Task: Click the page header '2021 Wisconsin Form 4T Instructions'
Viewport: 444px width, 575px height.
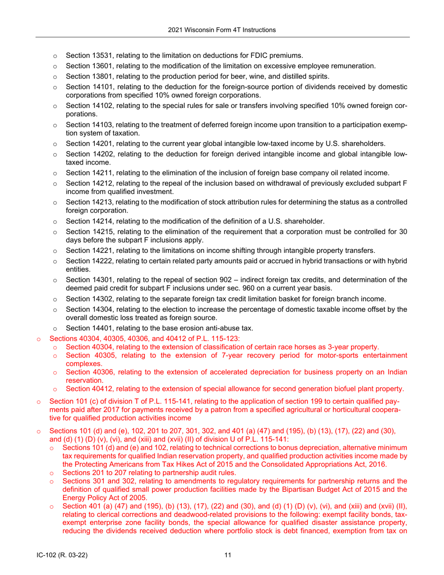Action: click(222, 30)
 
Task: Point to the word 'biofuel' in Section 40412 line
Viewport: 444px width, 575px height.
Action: click(335, 389)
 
